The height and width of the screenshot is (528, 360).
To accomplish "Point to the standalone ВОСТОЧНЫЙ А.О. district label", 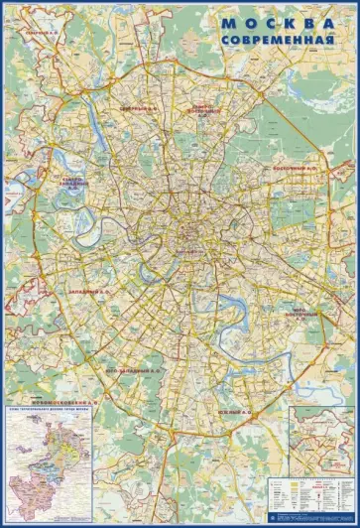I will coord(296,168).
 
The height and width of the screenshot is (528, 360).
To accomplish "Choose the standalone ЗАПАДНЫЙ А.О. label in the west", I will coord(89,292).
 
